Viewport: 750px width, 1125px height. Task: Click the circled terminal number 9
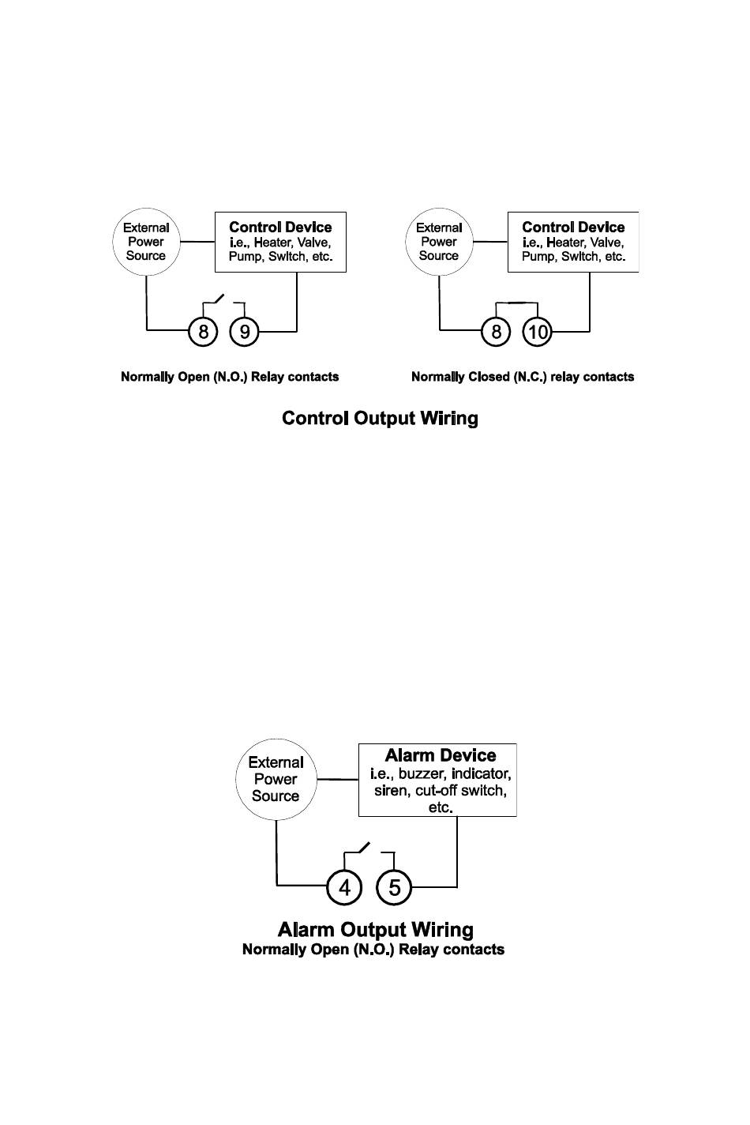(x=244, y=332)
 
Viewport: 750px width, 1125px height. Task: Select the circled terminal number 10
(x=537, y=332)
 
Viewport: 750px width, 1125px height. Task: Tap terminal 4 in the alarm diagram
(x=344, y=887)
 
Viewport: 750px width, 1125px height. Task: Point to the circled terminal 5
(x=394, y=887)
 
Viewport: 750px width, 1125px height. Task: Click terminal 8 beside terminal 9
(x=203, y=332)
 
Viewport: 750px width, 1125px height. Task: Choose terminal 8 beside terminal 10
(x=496, y=332)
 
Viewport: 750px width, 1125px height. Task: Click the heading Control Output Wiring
(x=380, y=419)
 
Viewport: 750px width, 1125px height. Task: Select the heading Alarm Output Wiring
(x=376, y=930)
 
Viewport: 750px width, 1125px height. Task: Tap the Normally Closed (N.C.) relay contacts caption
(x=523, y=377)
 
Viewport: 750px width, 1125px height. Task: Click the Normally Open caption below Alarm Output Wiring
(x=373, y=950)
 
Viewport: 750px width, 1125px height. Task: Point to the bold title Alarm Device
(x=441, y=755)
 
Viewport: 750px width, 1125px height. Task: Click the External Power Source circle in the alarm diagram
(x=276, y=780)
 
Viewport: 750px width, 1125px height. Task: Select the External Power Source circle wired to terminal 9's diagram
(x=146, y=242)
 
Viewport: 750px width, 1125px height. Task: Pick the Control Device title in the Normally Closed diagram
(x=573, y=227)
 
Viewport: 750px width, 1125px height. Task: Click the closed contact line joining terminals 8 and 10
(x=516, y=303)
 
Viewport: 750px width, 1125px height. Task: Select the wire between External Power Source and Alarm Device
(x=337, y=780)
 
